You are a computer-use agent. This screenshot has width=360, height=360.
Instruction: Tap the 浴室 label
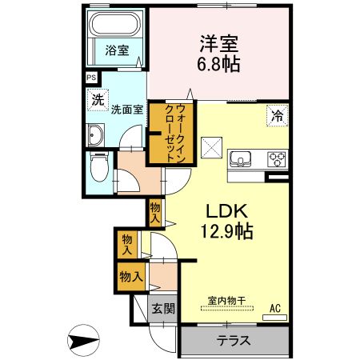[x=116, y=50]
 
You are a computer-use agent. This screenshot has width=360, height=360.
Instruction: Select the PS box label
[x=90, y=78]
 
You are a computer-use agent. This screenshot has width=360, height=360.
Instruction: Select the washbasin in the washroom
[x=96, y=134]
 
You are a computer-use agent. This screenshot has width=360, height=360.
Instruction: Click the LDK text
[x=230, y=212]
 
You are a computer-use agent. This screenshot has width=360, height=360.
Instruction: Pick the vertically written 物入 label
[x=155, y=212]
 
